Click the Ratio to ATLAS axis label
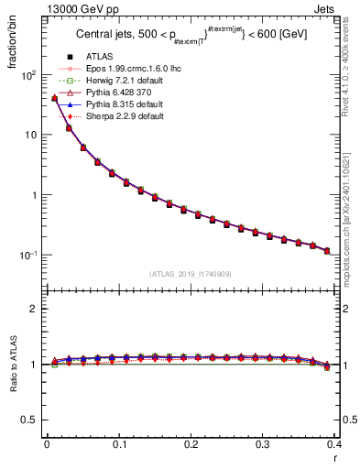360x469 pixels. click(14, 366)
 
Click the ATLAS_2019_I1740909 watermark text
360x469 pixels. click(191, 275)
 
